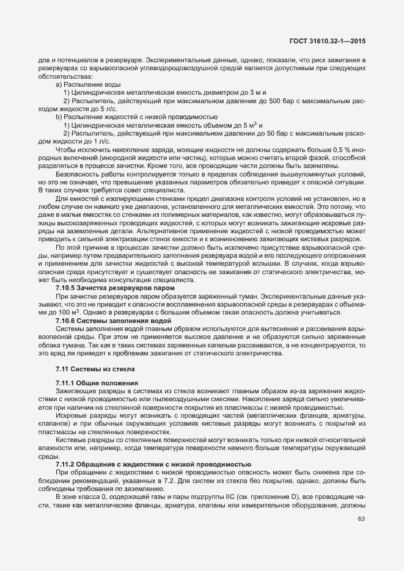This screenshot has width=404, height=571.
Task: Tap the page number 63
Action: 361,519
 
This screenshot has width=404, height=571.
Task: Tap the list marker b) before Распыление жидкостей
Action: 59,116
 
